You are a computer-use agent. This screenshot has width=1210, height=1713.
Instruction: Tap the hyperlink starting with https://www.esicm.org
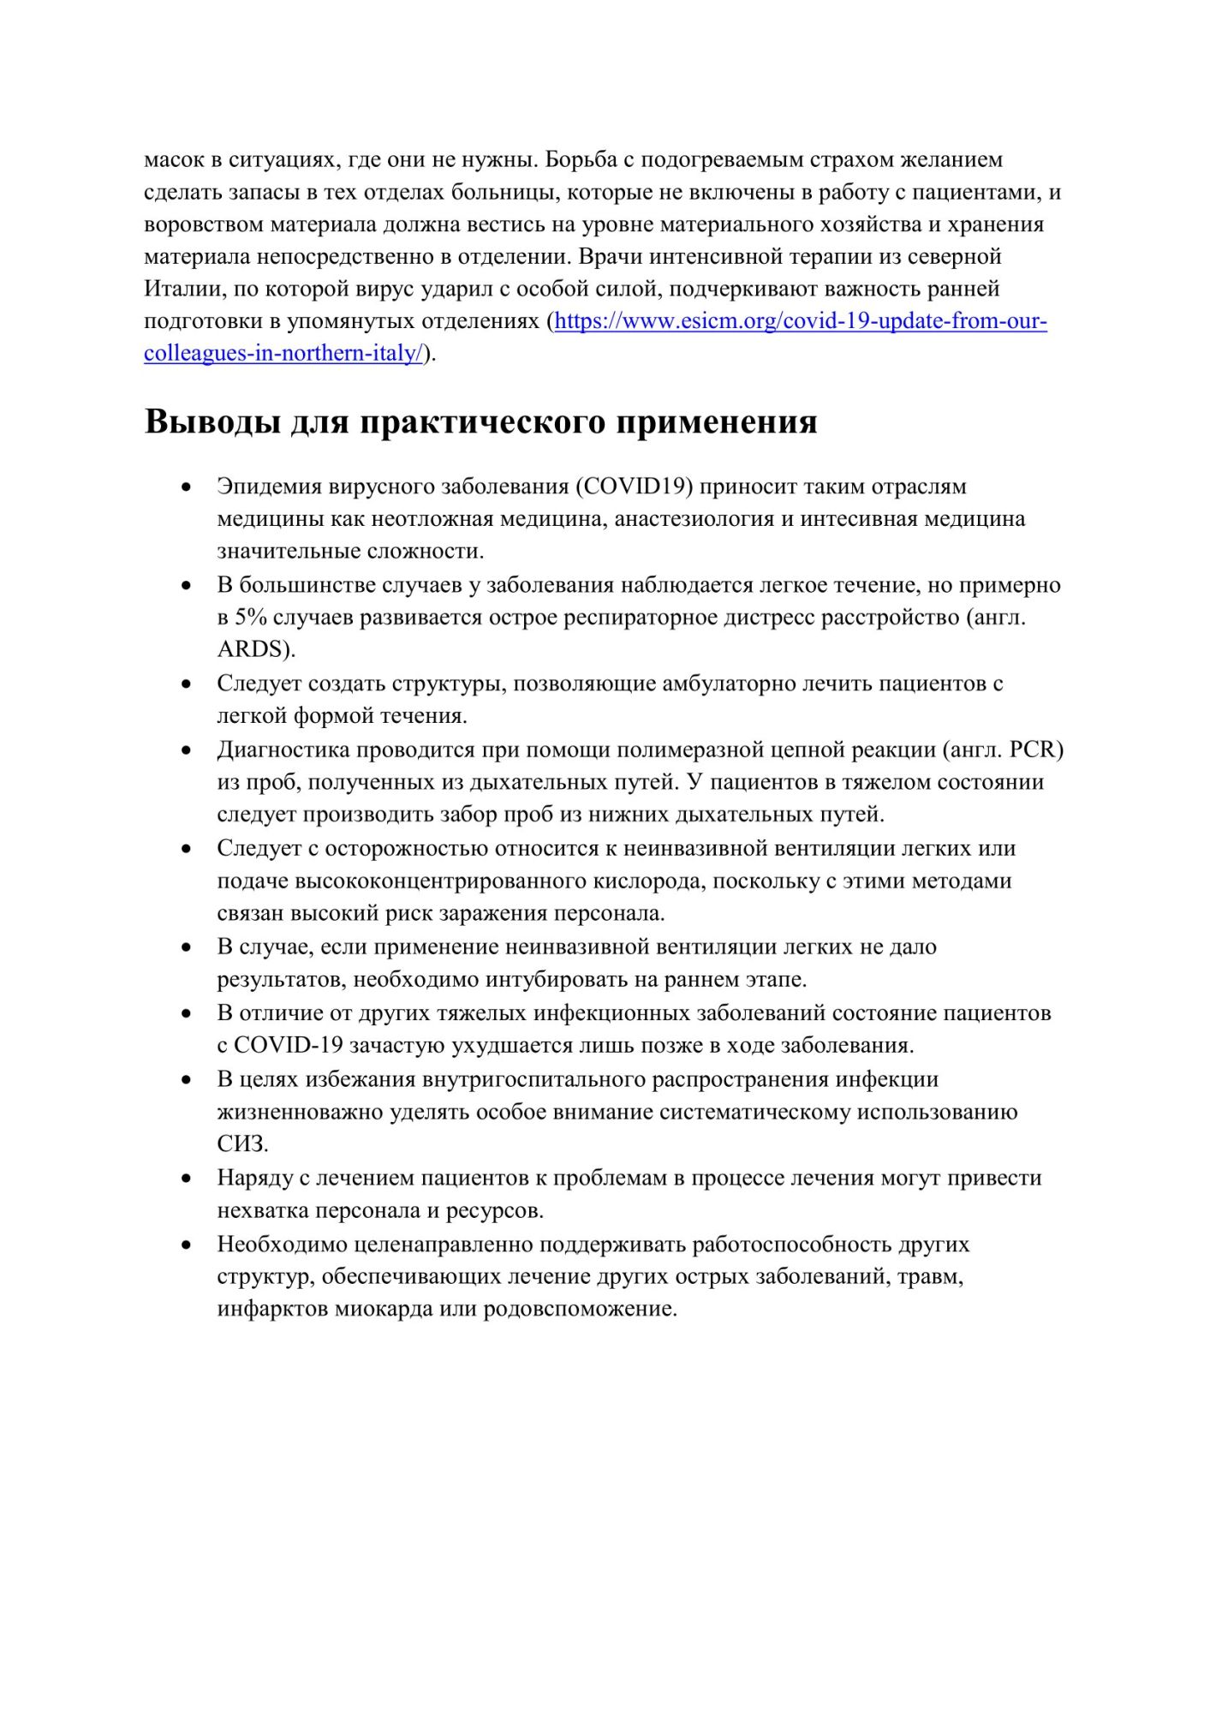800,322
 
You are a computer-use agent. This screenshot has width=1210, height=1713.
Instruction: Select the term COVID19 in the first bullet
633,486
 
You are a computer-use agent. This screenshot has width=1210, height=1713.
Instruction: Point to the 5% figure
252,618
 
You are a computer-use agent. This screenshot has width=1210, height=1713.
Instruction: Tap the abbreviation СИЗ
242,1143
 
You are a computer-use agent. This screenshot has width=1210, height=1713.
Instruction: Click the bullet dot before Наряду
185,1179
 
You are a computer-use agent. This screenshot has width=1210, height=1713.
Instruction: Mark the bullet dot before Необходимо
185,1244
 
